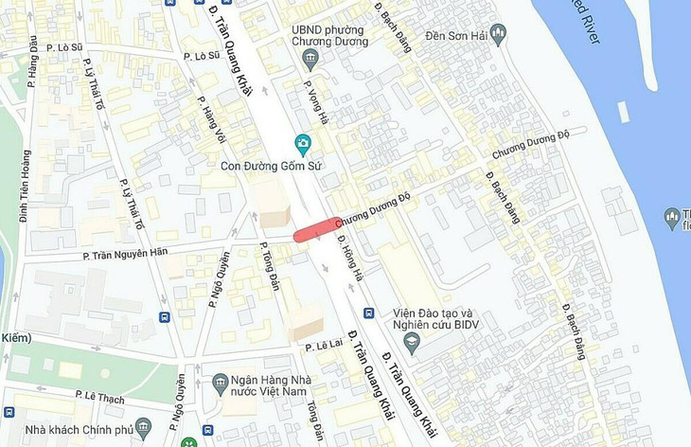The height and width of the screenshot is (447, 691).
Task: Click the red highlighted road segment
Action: (316, 229)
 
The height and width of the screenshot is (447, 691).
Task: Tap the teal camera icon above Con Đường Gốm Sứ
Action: (303, 145)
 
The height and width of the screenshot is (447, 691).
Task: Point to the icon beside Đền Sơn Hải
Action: (498, 34)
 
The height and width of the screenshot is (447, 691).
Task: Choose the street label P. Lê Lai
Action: (321, 348)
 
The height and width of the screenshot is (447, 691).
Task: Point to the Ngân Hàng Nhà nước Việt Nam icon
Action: (221, 383)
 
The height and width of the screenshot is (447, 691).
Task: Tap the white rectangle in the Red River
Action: (623, 112)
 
